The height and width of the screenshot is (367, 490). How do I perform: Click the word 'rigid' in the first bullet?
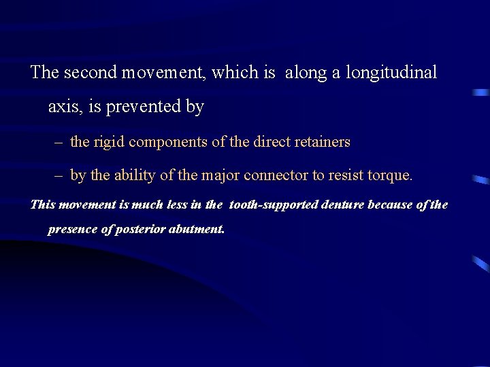pyautogui.click(x=108, y=142)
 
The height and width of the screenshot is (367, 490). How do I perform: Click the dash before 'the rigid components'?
pyautogui.click(x=59, y=143)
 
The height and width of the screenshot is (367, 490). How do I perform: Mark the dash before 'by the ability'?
pyautogui.click(x=59, y=176)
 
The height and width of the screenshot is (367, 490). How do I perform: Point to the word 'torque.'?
pyautogui.click(x=389, y=175)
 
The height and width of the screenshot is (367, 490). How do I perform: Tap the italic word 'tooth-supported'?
pyautogui.click(x=273, y=205)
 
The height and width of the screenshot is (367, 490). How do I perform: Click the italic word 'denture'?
pyautogui.click(x=342, y=205)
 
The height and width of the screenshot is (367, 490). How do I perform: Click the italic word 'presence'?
pyautogui.click(x=72, y=229)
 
